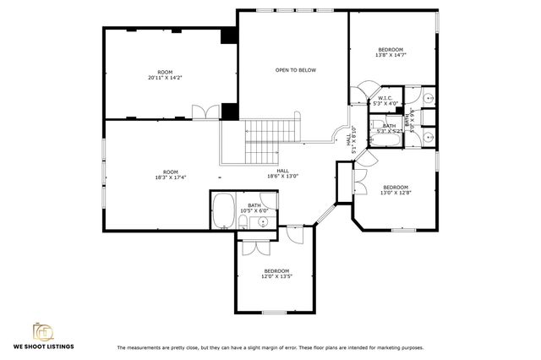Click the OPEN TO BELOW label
tap(295, 70)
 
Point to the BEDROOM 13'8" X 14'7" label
tap(390, 52)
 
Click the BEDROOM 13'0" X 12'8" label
tap(395, 189)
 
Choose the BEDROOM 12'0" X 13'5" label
tap(276, 273)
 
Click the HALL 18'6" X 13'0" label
tap(283, 173)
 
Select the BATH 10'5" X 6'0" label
tap(254, 207)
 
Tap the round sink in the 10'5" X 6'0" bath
tap(263, 222)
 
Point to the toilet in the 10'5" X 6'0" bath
tap(243, 223)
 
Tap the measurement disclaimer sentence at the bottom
tap(270, 347)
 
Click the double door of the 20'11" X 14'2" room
tap(201, 112)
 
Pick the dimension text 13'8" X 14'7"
tap(390, 55)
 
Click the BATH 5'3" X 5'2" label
tap(389, 128)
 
